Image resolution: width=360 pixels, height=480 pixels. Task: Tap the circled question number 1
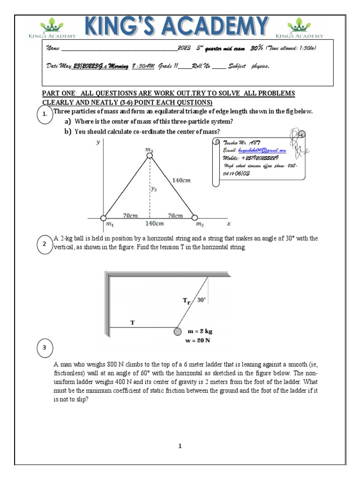[x=45, y=115]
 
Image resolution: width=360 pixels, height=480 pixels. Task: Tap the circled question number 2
[x=45, y=244]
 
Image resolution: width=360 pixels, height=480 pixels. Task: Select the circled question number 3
[x=45, y=348]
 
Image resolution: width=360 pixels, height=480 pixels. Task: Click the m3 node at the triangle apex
[x=149, y=156]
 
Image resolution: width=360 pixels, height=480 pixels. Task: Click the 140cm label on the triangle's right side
[x=181, y=180]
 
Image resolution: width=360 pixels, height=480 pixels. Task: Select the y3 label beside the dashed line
[x=154, y=189]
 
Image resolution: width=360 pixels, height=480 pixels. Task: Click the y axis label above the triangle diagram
[x=98, y=142]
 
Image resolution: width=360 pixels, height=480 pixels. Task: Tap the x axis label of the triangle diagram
[x=228, y=224]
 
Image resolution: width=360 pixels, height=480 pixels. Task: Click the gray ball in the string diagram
[x=177, y=331]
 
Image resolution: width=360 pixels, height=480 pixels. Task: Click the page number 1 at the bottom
[x=180, y=446]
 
